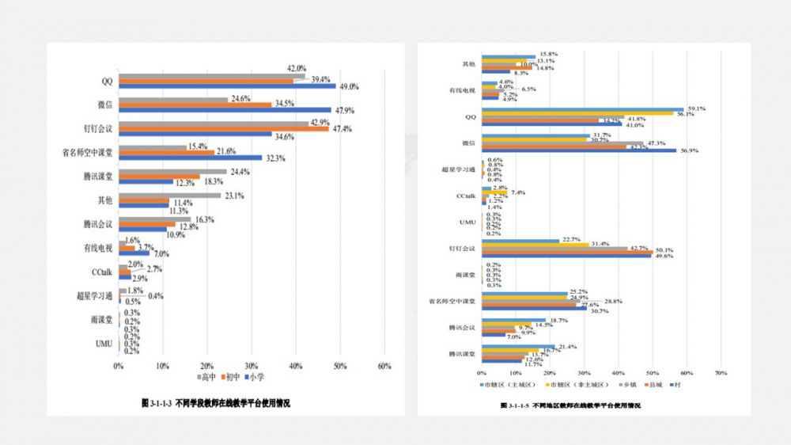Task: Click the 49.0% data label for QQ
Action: [x=350, y=86]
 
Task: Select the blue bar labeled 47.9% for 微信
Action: [x=225, y=110]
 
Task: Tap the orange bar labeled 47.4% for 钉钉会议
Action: [x=224, y=128]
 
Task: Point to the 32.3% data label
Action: [x=274, y=158]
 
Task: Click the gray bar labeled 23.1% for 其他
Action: [x=169, y=195]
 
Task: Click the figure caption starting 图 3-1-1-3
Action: [x=215, y=403]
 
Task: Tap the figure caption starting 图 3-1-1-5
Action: [x=570, y=405]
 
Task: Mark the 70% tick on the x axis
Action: [x=721, y=371]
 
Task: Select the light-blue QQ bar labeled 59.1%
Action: [x=582, y=109]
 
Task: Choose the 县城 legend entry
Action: [x=655, y=384]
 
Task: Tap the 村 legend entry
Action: [x=677, y=384]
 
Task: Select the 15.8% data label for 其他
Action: [x=547, y=55]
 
